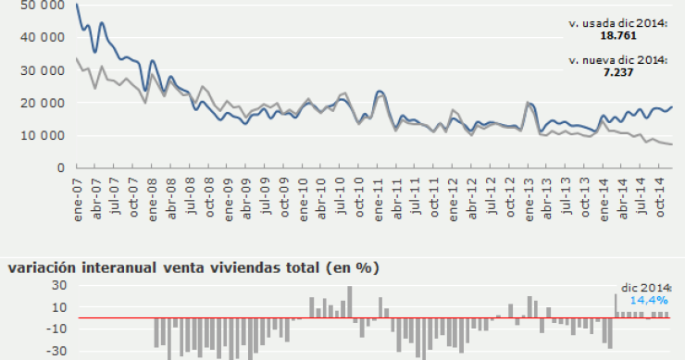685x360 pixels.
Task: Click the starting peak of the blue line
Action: pos(76,5)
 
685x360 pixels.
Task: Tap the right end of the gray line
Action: pos(671,144)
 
